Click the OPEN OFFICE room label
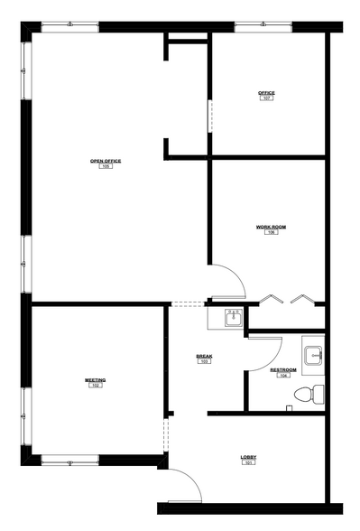click(106, 161)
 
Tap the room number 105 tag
click(106, 167)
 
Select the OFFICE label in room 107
click(266, 92)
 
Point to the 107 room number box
click(266, 98)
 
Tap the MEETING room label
click(96, 380)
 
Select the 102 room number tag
click(96, 387)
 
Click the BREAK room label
click(204, 356)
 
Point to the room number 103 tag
click(204, 362)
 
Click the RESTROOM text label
click(282, 369)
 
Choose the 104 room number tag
click(282, 376)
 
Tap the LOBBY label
click(248, 458)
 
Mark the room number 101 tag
click(248, 464)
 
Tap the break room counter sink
click(233, 316)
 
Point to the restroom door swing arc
click(269, 352)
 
